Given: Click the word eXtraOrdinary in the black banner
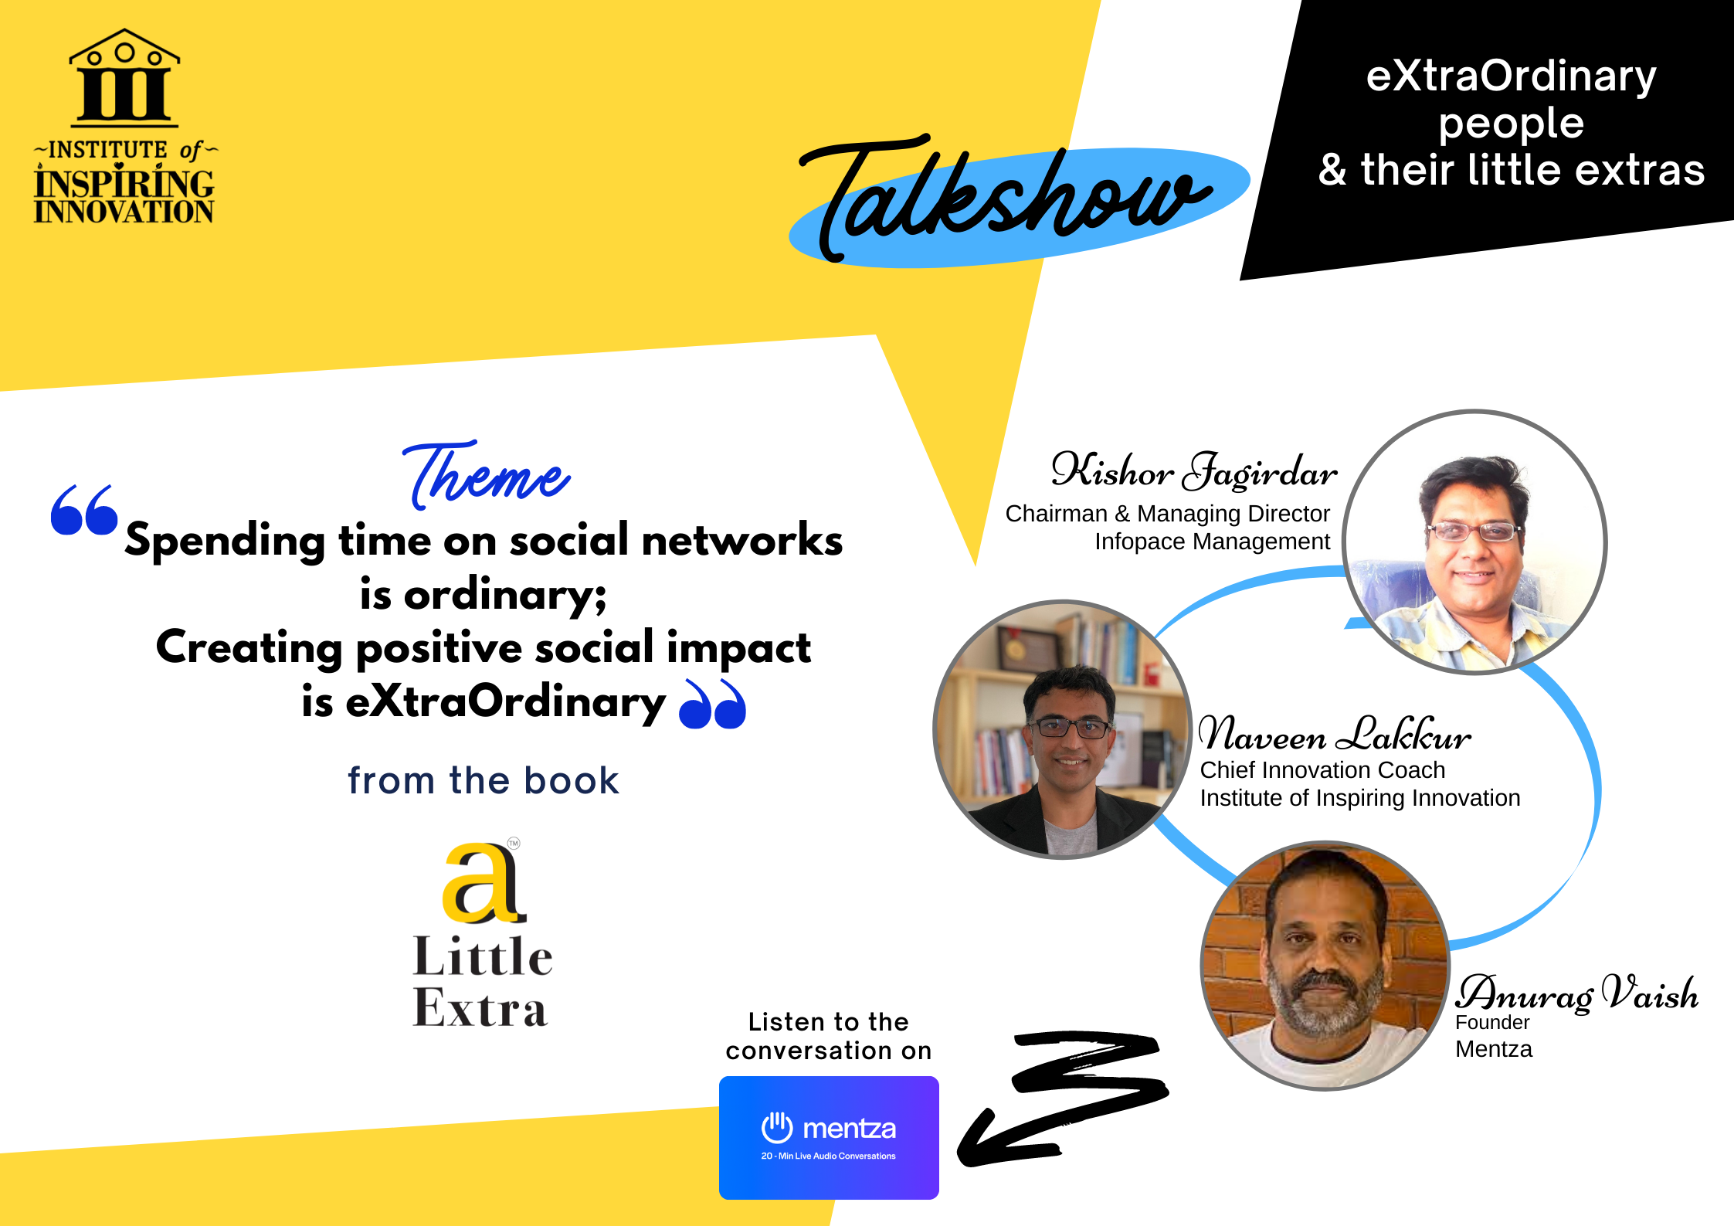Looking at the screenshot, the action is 1511,76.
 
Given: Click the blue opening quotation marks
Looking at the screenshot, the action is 84,510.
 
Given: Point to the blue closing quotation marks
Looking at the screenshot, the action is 712,705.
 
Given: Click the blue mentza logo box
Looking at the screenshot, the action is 829,1137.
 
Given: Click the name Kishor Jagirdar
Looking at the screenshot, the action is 1194,470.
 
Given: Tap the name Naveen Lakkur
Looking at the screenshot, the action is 1335,734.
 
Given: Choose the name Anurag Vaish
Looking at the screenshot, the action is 1577,993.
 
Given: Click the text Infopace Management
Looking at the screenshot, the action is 1213,542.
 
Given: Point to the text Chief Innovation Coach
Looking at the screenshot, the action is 1322,770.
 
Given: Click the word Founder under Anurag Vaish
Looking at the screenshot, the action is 1492,1023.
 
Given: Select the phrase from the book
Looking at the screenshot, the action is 484,780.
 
